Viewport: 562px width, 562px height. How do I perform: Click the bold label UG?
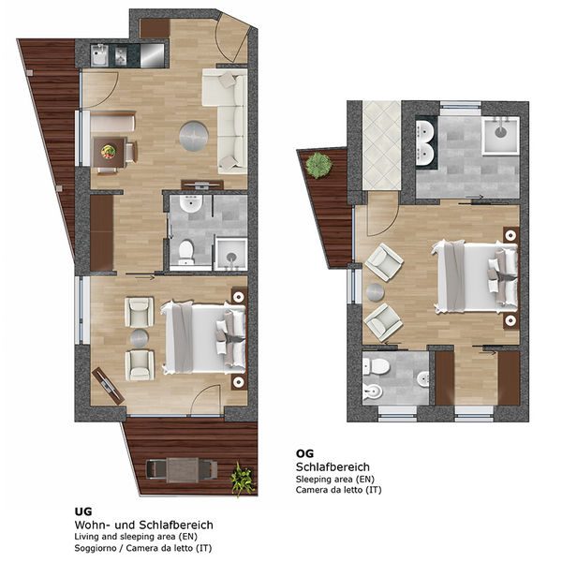[83, 511]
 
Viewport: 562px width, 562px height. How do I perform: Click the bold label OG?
[304, 453]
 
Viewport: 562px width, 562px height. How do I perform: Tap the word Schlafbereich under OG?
[333, 467]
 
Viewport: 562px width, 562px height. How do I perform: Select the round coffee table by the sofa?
[194, 136]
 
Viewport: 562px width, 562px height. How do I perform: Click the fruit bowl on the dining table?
[109, 151]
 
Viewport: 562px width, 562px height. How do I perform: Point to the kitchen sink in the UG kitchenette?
[99, 56]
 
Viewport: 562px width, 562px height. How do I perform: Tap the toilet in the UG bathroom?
[185, 250]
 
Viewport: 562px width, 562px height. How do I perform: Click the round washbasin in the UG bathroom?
[191, 203]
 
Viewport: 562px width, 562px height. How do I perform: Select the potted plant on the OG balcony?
[318, 165]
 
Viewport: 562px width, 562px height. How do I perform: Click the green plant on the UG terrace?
[242, 479]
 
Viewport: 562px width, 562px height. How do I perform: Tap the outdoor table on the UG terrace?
[183, 470]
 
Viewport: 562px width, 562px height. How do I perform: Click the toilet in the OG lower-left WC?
[377, 366]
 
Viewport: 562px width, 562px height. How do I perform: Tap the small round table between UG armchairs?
[140, 338]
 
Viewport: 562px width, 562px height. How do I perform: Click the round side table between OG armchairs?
[376, 292]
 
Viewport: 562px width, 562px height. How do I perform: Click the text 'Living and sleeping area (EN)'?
[136, 537]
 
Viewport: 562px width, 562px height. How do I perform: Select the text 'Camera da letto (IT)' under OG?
[338, 490]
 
